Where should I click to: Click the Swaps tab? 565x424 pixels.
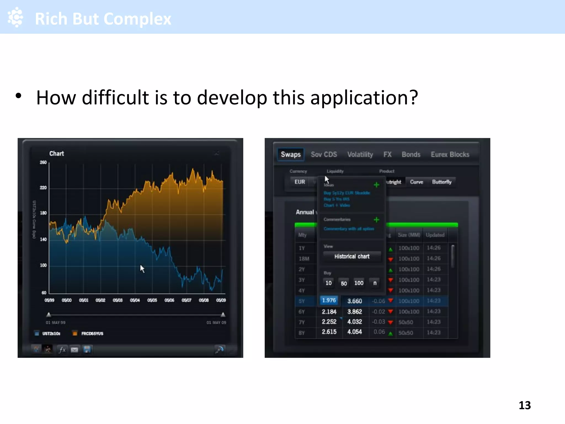pyautogui.click(x=291, y=154)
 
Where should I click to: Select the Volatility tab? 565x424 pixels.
pyautogui.click(x=360, y=155)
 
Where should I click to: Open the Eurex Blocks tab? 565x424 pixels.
pyautogui.click(x=450, y=155)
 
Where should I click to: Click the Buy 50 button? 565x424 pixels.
pyautogui.click(x=344, y=283)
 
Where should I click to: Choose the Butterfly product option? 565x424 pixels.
pyautogui.click(x=442, y=182)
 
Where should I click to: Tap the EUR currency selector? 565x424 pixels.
pyautogui.click(x=300, y=182)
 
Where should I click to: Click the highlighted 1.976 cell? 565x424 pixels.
pyautogui.click(x=329, y=300)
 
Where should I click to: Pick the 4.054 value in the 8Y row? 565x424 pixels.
pyautogui.click(x=355, y=332)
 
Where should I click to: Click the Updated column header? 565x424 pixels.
pyautogui.click(x=435, y=235)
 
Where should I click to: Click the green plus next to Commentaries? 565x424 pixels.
pyautogui.click(x=376, y=220)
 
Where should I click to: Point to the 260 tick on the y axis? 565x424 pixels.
pyautogui.click(x=43, y=162)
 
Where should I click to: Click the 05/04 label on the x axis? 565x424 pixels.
pyautogui.click(x=135, y=300)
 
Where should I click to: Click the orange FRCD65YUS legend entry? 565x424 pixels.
pyautogui.click(x=88, y=333)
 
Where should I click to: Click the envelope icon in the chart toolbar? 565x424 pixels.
pyautogui.click(x=74, y=350)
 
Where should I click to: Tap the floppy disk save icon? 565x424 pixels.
pyautogui.click(x=87, y=350)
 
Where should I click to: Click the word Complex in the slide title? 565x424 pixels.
pyautogui.click(x=137, y=19)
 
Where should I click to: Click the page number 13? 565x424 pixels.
pyautogui.click(x=524, y=405)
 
